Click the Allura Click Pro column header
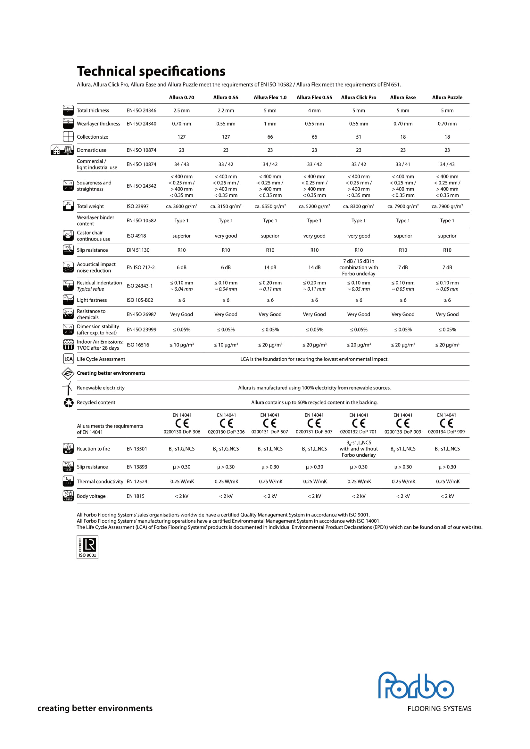click(x=358, y=98)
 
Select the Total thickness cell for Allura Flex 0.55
click(x=314, y=110)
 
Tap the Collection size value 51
click(x=358, y=137)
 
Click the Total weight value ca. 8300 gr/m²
click(x=358, y=207)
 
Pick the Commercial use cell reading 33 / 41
click(x=403, y=164)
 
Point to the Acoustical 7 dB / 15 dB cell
click(x=358, y=267)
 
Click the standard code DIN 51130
click(x=138, y=250)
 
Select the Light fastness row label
click(x=92, y=300)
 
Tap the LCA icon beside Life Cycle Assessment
click(x=68, y=359)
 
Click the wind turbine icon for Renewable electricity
click(x=68, y=388)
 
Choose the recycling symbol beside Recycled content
click(x=69, y=403)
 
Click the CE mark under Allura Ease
click(x=403, y=423)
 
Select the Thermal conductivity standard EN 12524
click(x=137, y=482)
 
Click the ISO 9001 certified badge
click(x=87, y=547)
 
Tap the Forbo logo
click(x=416, y=685)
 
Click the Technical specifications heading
click(x=151, y=71)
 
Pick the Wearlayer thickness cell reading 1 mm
click(x=270, y=124)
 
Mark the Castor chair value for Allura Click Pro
click(x=359, y=236)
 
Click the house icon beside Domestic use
click(x=56, y=151)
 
